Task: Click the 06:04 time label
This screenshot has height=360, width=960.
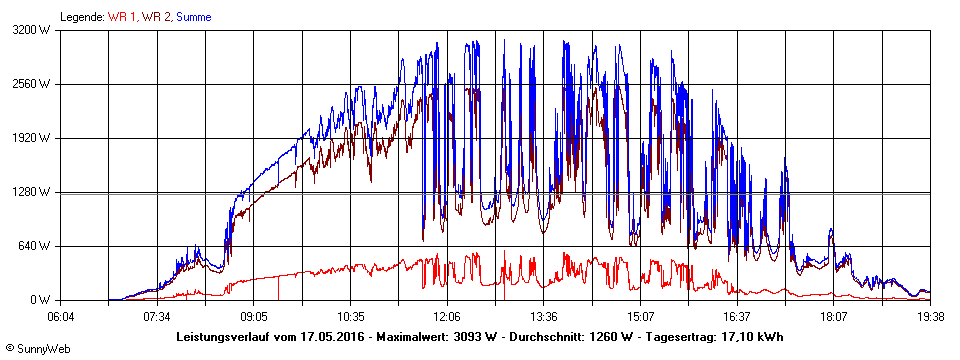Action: [x=60, y=316]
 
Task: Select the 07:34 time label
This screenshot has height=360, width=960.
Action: [x=157, y=316]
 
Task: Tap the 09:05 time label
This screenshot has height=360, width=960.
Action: [x=253, y=316]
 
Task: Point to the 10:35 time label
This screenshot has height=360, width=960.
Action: [x=350, y=316]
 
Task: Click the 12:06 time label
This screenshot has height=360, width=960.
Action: [x=447, y=316]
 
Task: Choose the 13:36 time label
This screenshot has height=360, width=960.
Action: [x=543, y=316]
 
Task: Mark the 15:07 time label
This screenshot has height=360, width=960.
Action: [x=640, y=316]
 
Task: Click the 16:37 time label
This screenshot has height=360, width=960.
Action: [x=737, y=316]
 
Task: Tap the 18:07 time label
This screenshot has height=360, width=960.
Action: [x=834, y=316]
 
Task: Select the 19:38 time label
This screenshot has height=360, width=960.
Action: [x=930, y=316]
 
